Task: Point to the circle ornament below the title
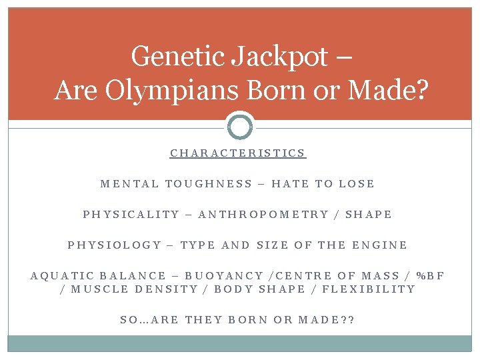click(240, 125)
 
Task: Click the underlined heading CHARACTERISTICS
click(238, 153)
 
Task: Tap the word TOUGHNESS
click(209, 184)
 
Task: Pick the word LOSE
click(357, 184)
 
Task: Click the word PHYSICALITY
click(131, 215)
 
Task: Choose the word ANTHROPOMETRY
click(264, 215)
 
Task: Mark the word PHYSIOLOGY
click(115, 245)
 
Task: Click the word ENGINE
click(380, 245)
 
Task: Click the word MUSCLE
click(99, 289)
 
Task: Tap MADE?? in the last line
click(327, 320)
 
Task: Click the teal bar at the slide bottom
click(240, 343)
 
